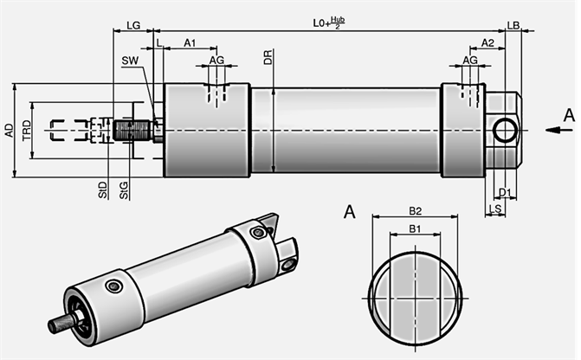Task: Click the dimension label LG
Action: (x=133, y=25)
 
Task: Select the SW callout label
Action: (x=131, y=60)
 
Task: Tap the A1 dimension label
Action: (x=190, y=42)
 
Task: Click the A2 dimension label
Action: (x=487, y=42)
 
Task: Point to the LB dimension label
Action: (x=513, y=25)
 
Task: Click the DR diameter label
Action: (x=268, y=57)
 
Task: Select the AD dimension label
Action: (x=9, y=131)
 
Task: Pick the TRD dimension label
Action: (x=27, y=131)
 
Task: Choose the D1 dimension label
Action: (x=505, y=192)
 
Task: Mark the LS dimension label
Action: (x=496, y=209)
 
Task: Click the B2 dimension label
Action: (x=415, y=210)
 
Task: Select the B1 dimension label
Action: (x=415, y=229)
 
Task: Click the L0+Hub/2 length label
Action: (x=329, y=24)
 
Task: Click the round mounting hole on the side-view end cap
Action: (x=504, y=131)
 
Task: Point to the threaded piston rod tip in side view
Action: (x=130, y=131)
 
